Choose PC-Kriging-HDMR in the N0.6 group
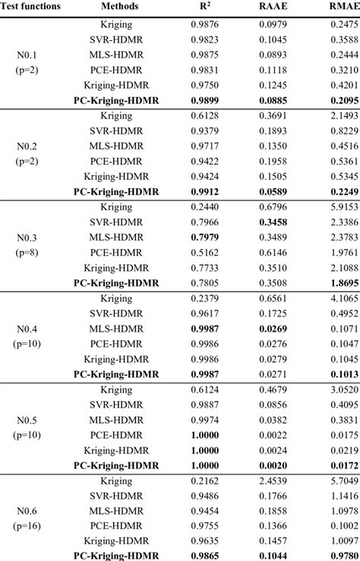(x=116, y=555)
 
